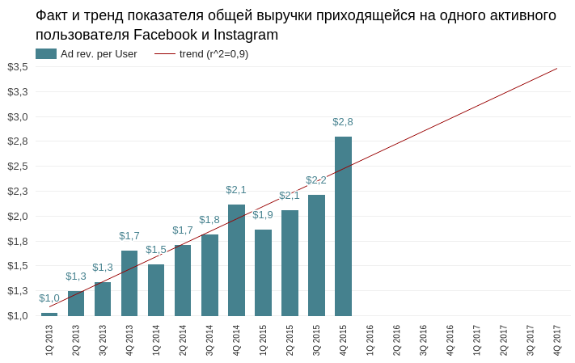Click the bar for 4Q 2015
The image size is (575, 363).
343,226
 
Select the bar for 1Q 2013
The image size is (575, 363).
49,314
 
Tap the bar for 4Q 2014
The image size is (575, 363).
236,260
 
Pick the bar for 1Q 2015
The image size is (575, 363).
263,272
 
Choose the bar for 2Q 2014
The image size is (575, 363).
183,281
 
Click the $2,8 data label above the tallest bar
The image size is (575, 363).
343,122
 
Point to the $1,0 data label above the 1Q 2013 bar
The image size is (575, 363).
49,298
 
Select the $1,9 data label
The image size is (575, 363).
263,215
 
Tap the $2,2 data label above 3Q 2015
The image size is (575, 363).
316,180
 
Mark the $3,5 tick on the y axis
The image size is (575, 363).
18,67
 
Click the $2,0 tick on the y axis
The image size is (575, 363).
18,216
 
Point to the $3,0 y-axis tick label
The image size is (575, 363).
18,117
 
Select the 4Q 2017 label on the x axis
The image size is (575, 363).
557,340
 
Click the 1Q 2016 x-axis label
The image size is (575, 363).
370,340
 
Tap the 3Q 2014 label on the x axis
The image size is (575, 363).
209,340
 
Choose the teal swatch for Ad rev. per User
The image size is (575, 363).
46,54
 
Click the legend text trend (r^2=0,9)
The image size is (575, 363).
214,54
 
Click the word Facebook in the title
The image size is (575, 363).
166,35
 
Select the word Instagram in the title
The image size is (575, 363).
246,36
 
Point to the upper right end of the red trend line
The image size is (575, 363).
557,68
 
